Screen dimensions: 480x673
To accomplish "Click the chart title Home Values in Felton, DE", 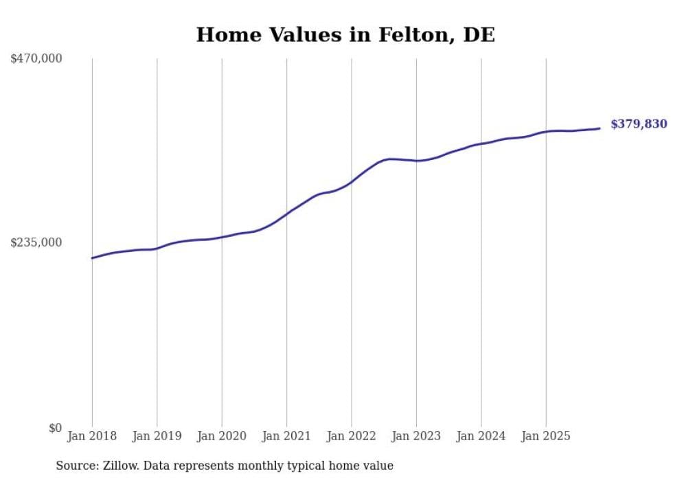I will [x=345, y=35].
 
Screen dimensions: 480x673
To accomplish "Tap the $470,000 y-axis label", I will [x=36, y=59].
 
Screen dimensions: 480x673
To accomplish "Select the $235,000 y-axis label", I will [x=36, y=242].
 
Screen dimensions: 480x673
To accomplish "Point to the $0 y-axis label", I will [x=55, y=428].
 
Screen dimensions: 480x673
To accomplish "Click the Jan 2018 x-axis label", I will [x=92, y=436].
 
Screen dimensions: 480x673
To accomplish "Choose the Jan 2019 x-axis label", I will [x=157, y=436].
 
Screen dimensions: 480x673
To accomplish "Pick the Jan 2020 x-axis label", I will [x=222, y=436].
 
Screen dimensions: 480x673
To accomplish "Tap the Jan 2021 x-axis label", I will [x=286, y=436].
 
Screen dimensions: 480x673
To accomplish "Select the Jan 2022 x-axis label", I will [x=352, y=436].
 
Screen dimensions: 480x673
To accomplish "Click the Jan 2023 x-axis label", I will [x=416, y=436].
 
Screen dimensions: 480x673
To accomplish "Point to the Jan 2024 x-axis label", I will [x=481, y=436].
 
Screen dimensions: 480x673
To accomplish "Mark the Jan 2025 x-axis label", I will [x=546, y=436].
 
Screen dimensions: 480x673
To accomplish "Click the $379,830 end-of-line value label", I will [x=639, y=124].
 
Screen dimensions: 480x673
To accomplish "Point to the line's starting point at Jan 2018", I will [x=92, y=258].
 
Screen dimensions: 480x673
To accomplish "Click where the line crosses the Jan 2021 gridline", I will [x=286, y=213].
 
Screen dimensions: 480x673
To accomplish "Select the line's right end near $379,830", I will [x=600, y=128].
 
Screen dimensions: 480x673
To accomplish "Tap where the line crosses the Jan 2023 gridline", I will [x=416, y=161].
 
